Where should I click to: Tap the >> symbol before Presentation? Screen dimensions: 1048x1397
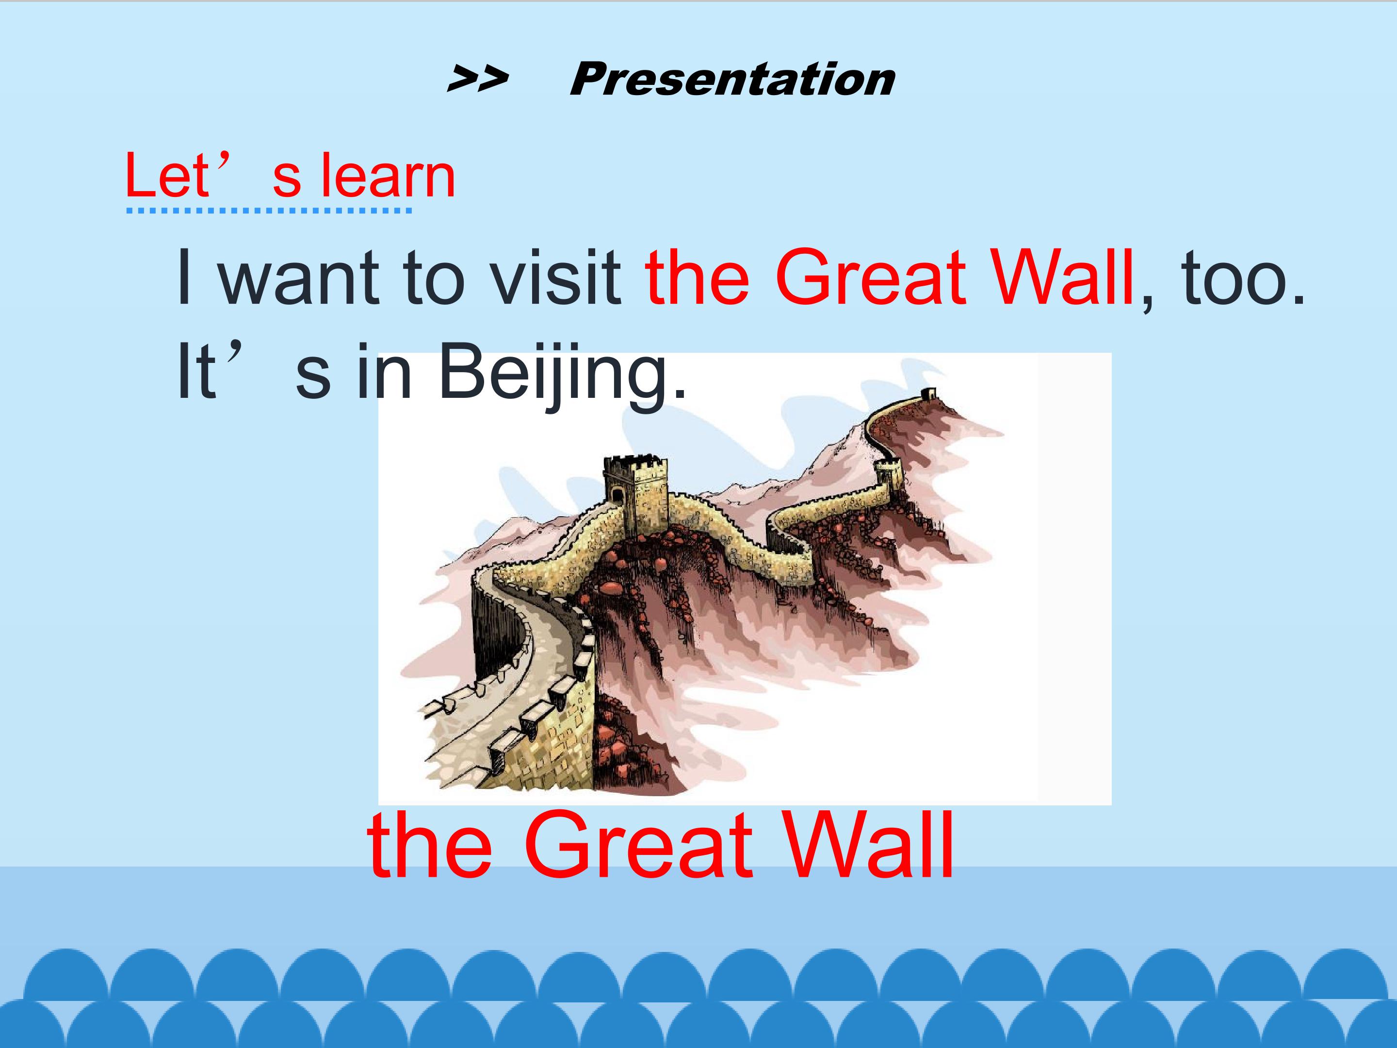[477, 80]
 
